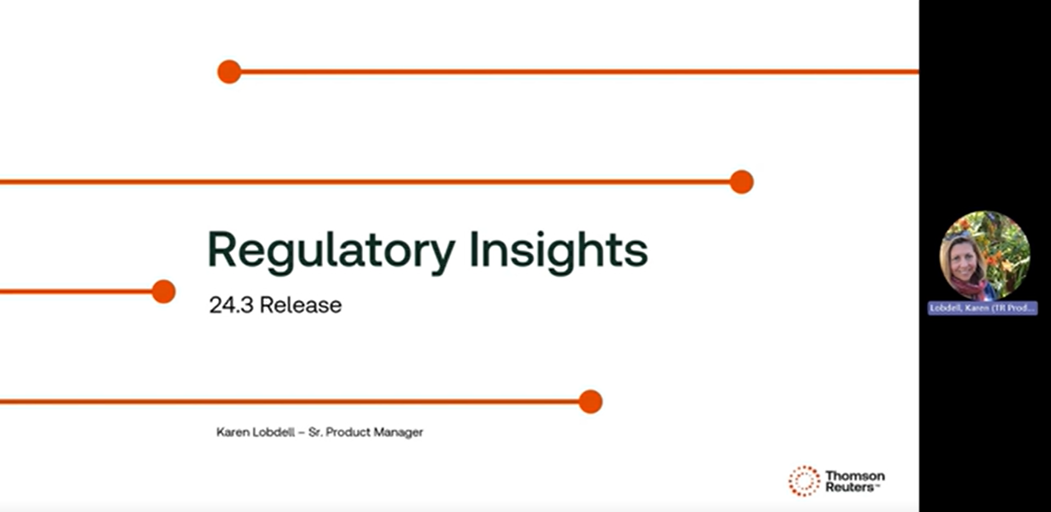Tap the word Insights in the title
tap(558, 251)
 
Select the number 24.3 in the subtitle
tap(231, 305)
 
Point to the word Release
tap(301, 305)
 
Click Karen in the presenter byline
tap(233, 432)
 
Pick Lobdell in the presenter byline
tap(273, 432)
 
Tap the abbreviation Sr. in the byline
tap(315, 432)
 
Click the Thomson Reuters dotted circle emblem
tap(804, 481)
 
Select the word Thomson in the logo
tap(855, 475)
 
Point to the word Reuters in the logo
tap(850, 487)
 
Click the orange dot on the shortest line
tap(163, 291)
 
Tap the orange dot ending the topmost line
tap(229, 72)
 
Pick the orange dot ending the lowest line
tap(590, 402)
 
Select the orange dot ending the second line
tap(742, 182)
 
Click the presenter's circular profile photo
tap(985, 256)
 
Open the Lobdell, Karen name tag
tap(982, 308)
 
